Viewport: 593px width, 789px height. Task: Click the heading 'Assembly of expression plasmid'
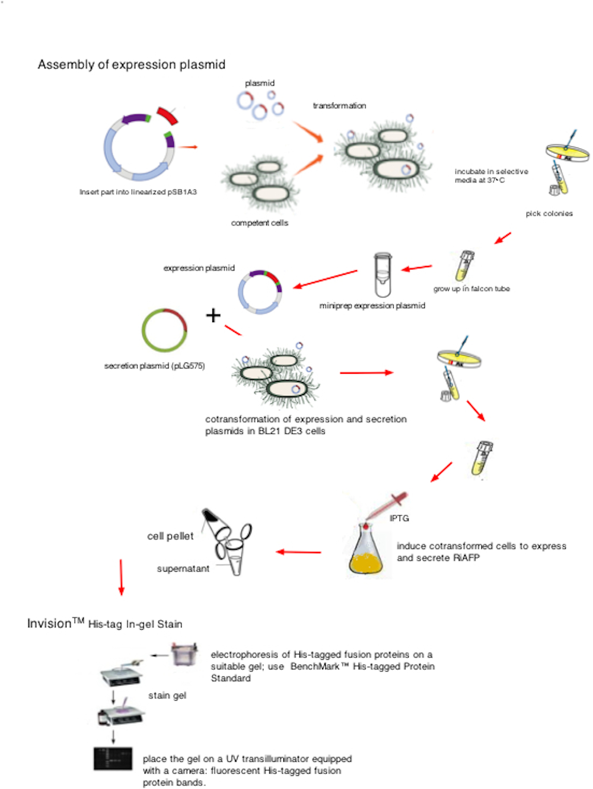131,65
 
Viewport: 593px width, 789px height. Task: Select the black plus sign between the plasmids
213,315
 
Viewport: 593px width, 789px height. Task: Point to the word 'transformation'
339,106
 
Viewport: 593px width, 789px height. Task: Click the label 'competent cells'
259,223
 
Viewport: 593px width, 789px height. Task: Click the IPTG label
399,518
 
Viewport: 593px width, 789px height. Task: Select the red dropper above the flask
388,505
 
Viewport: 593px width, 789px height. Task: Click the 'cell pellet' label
170,536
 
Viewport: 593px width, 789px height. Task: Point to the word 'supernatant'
183,569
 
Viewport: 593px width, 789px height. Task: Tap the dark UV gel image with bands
113,759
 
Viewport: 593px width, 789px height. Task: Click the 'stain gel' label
167,695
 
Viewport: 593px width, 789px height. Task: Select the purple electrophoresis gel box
184,655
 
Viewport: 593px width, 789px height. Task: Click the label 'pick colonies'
549,214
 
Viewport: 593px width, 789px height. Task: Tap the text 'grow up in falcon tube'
471,289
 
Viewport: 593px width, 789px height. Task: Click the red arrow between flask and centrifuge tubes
298,552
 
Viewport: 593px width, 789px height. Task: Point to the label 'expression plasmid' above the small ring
199,268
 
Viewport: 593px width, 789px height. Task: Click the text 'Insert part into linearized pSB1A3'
138,192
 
